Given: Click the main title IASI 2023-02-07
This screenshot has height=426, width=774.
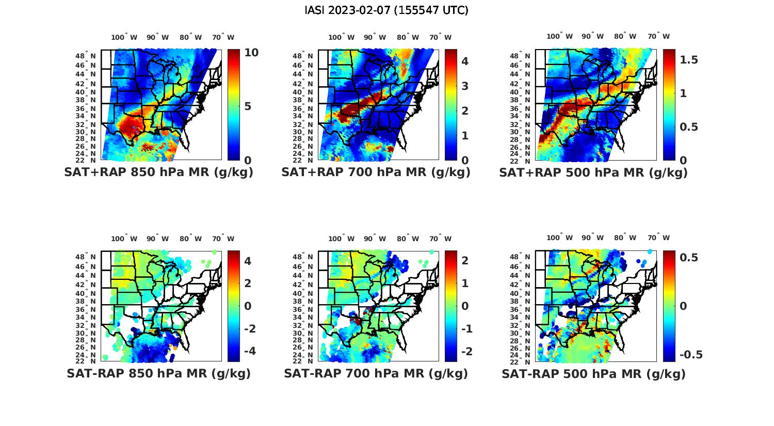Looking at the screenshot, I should [386, 10].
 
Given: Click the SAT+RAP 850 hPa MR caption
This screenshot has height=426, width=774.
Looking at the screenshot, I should [158, 172].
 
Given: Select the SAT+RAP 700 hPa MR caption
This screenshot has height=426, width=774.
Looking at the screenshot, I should [376, 172].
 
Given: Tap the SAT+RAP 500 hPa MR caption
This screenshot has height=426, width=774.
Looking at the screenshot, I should [593, 172].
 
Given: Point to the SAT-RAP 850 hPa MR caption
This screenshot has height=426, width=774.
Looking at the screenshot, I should [158, 373].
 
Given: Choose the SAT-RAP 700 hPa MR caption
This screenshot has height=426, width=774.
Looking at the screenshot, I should [376, 373].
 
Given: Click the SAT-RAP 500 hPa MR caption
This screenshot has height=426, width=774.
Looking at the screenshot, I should [593, 373].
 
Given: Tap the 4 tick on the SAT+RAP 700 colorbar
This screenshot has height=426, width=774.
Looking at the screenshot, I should [465, 61].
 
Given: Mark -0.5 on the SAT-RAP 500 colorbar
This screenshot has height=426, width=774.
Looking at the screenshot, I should [691, 355].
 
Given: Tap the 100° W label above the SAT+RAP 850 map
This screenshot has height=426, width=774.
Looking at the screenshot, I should [124, 37].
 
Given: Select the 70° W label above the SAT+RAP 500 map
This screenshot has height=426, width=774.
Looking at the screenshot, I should [658, 36].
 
